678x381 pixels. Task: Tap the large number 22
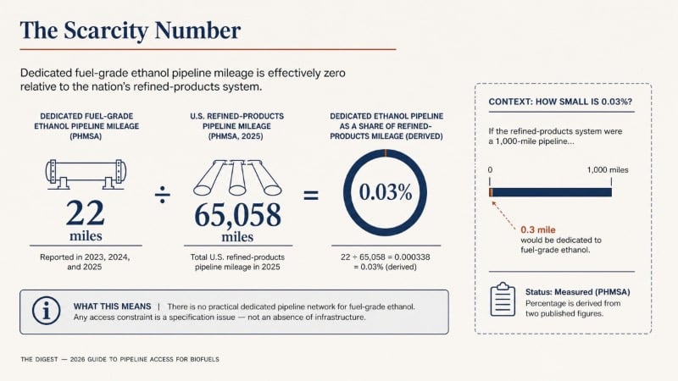click(86, 213)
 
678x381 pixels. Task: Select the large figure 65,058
click(237, 215)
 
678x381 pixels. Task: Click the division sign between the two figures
click(163, 195)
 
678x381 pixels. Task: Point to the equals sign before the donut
click(311, 196)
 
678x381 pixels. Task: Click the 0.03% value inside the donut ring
click(386, 192)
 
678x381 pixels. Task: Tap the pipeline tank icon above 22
click(86, 174)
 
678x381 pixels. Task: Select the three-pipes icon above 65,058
click(237, 178)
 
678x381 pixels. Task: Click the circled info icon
click(46, 311)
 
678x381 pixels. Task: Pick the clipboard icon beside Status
click(503, 300)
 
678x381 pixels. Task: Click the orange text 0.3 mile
click(538, 229)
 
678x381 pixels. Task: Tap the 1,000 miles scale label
click(608, 170)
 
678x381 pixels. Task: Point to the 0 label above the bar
click(490, 170)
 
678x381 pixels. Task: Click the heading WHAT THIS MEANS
click(113, 306)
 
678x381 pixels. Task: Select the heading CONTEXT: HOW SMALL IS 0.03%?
click(560, 102)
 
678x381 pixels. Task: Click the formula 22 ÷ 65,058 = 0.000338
click(386, 257)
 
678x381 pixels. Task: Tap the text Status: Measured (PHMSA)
click(578, 292)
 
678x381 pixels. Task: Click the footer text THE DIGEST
click(39, 359)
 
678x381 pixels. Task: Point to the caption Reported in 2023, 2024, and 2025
click(85, 262)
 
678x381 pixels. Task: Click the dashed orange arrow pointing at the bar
click(503, 215)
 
